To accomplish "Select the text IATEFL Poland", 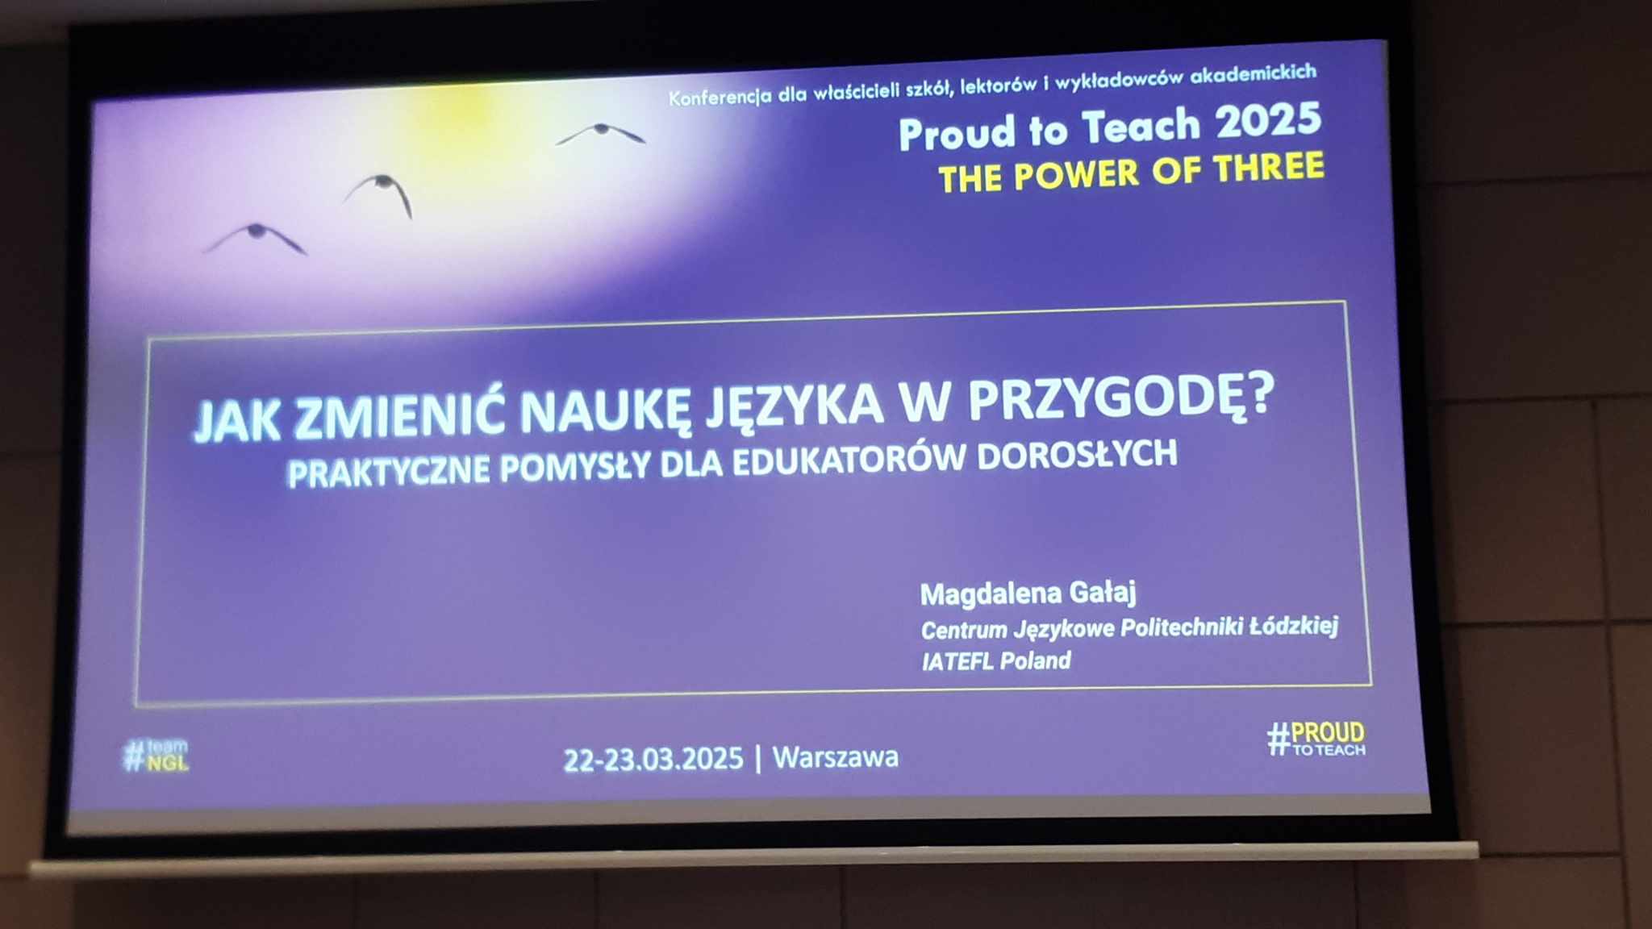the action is [x=996, y=661].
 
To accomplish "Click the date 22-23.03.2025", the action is [x=653, y=760].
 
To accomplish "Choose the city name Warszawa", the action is [x=836, y=757].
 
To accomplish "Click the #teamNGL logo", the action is [x=156, y=755].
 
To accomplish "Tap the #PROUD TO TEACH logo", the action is [x=1316, y=738].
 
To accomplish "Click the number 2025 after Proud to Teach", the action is [x=1269, y=121].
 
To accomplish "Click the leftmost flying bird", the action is [x=256, y=237].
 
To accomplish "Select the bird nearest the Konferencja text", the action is [x=601, y=133].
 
